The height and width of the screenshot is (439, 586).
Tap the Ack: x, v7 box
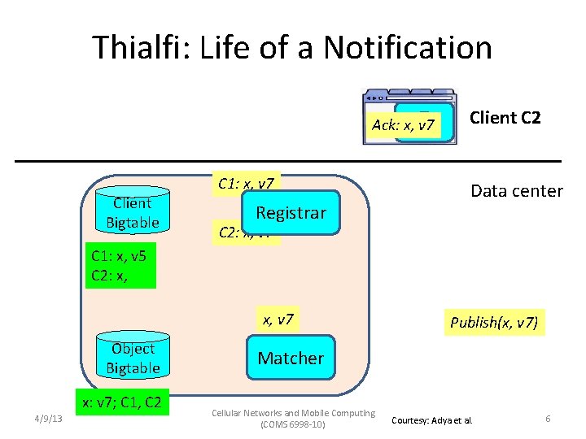point(404,125)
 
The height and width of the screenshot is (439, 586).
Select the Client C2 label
point(505,118)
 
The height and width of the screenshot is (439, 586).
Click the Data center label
point(516,191)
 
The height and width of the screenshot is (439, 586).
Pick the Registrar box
point(291,213)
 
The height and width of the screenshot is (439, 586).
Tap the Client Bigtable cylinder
point(133,213)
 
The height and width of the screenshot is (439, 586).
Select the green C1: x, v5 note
point(120,267)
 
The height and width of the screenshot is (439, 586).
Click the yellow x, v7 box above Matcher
point(278,319)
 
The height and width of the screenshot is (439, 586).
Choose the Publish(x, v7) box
point(494,323)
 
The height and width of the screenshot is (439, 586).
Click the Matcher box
point(291,359)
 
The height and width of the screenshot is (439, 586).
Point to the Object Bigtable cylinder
point(133,358)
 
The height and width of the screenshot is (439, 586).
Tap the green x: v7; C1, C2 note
point(121,402)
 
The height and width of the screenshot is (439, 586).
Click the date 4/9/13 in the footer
point(51,419)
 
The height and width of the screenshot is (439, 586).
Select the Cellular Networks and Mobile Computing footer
point(292,413)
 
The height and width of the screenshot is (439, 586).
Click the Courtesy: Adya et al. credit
point(437,420)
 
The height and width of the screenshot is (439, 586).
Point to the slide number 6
point(548,419)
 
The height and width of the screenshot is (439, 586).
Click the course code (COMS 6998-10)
point(292,424)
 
